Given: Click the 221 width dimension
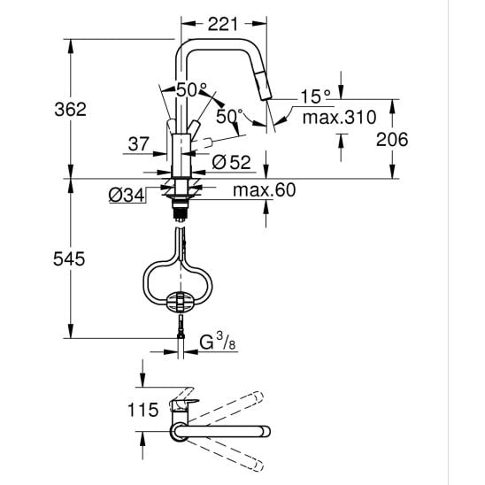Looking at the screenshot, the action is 223,24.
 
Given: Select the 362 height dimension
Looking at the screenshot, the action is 70,109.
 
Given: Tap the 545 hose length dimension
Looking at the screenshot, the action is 69,259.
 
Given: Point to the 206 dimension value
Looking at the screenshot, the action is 392,140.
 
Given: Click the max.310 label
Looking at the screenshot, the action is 339,118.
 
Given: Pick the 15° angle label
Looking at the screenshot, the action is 315,96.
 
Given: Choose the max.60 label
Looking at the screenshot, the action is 264,190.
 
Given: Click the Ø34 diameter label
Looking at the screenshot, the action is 127,196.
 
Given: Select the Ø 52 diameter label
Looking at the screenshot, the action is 231,162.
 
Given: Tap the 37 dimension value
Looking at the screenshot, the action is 139,144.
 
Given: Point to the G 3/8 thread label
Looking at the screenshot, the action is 218,342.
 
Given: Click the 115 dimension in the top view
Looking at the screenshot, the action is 142,410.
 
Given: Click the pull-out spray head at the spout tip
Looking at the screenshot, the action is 262,84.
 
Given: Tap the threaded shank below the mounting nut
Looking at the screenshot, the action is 180,211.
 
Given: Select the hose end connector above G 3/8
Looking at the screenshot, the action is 181,327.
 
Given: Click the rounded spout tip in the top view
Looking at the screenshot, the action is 266,432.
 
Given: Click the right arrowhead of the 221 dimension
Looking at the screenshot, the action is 260,24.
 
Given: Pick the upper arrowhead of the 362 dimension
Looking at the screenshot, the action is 71,46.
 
